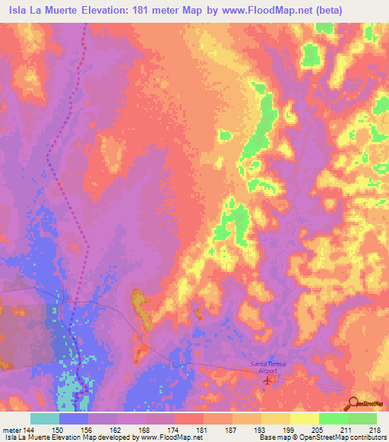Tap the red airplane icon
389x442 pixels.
[266, 380]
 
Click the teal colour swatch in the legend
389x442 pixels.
[44, 418]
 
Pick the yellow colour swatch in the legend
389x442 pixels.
[304, 418]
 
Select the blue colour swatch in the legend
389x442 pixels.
[73, 418]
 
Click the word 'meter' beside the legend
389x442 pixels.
[12, 431]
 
